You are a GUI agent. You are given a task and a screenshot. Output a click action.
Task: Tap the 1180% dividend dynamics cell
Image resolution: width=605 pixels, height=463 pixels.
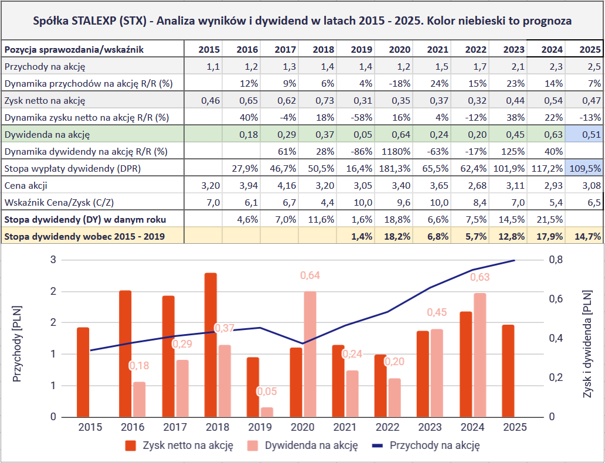[396, 151]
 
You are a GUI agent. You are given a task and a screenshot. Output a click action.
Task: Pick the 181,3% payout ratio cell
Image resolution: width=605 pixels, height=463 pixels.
[396, 169]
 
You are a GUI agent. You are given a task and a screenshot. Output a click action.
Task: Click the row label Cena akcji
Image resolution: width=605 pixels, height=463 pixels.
[26, 186]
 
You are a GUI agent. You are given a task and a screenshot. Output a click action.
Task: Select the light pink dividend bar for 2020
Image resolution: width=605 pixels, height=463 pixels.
[310, 354]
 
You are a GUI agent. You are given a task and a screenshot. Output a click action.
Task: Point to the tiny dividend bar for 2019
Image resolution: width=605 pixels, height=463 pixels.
[267, 412]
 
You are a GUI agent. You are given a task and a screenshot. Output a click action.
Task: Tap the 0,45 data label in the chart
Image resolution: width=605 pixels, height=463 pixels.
[437, 313]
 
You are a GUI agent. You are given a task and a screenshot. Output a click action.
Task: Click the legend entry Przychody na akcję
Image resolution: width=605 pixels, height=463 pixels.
[434, 445]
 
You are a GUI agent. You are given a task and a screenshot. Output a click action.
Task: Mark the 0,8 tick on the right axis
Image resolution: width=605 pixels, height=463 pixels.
[554, 260]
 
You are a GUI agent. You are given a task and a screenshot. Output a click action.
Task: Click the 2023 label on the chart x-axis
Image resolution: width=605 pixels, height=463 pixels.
[430, 427]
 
